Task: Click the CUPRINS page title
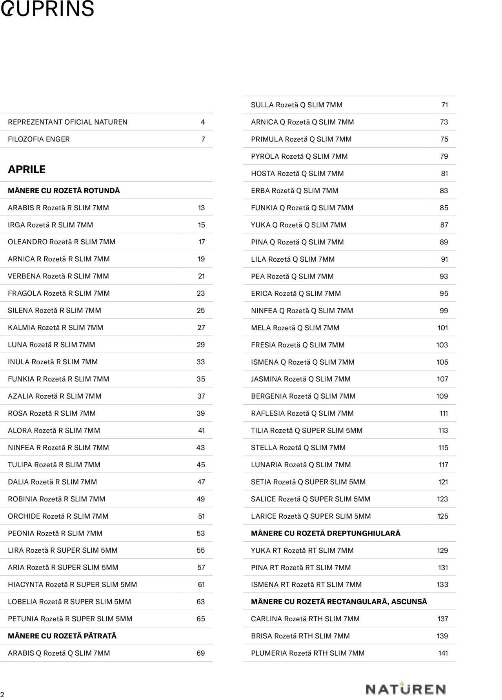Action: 47,9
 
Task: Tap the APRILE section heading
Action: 27,169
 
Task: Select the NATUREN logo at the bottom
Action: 406,689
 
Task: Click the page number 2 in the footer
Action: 2,694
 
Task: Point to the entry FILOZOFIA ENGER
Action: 39,139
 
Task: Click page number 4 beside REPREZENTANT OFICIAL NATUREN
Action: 202,122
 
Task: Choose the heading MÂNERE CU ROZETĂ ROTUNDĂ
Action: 64,190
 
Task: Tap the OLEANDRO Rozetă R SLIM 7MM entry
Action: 62,242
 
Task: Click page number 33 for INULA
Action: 200,362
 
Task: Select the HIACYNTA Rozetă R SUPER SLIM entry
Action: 73,584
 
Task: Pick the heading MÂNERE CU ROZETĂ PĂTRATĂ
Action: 62,636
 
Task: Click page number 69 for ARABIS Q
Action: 200,653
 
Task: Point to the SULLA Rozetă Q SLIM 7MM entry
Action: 296,105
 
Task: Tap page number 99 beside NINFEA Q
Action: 444,311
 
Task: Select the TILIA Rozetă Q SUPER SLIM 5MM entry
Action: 307,430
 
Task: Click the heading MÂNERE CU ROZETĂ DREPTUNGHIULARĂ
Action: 326,533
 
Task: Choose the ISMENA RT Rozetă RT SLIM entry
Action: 306,584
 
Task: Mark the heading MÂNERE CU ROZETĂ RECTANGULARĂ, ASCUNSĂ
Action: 339,602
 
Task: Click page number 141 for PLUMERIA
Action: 443,653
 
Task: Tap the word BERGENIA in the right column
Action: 269,396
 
